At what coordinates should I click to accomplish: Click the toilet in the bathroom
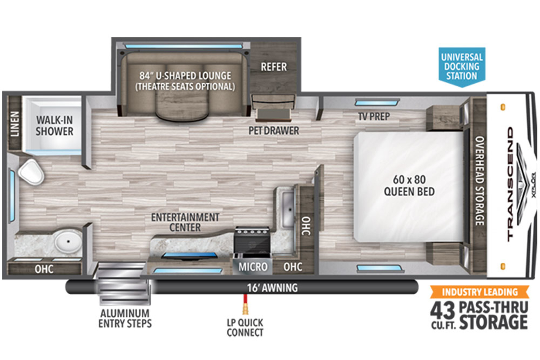tap(31, 172)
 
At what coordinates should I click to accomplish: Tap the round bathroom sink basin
tap(68, 241)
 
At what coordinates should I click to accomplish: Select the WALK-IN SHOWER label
tap(54, 126)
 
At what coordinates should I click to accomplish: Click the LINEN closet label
tap(15, 124)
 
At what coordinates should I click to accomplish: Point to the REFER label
tap(274, 67)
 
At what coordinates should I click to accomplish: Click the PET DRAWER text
tap(274, 130)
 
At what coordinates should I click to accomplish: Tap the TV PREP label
tap(374, 117)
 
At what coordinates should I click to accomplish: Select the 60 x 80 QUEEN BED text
tap(409, 186)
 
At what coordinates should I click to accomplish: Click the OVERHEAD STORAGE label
tap(480, 181)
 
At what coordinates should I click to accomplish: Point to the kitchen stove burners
tap(252, 231)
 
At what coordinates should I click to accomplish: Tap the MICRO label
tap(253, 267)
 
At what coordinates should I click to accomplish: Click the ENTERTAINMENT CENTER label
tap(185, 222)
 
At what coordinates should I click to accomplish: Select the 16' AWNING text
tap(272, 288)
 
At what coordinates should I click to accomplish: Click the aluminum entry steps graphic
tap(123, 284)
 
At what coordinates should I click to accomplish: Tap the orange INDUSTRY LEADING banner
tap(480, 292)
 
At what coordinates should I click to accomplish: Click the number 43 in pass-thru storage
tap(443, 311)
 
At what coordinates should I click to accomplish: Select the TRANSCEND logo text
tap(510, 184)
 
